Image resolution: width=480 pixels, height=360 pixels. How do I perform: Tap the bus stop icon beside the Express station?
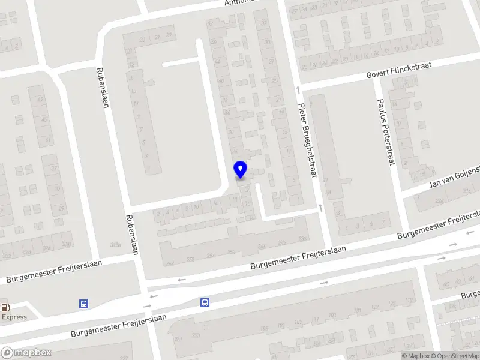83,304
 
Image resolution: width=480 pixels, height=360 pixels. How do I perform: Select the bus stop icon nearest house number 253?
205,302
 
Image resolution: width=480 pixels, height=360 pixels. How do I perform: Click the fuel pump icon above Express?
5,306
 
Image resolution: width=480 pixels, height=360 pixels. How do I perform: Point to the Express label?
14,317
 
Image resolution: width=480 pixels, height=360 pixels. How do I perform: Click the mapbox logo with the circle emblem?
26,353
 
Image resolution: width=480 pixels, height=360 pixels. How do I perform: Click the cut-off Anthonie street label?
240,2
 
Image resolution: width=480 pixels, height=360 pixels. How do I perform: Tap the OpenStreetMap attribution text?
457,356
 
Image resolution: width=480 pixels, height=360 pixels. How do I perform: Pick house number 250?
231,252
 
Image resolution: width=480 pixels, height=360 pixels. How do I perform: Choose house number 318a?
115,244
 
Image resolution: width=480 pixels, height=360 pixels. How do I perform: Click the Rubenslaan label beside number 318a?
132,234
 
